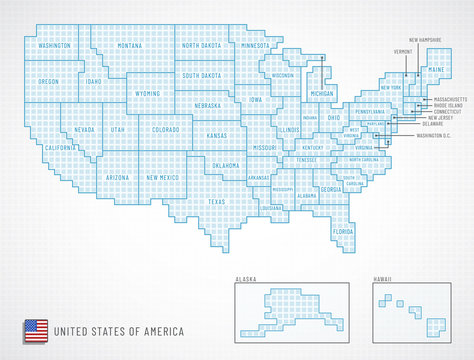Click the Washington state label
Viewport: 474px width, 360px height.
click(x=54, y=46)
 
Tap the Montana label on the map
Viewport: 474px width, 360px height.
click(x=129, y=46)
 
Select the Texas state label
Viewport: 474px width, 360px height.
click(x=217, y=201)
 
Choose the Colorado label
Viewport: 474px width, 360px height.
click(x=165, y=129)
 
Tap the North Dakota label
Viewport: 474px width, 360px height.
click(x=203, y=46)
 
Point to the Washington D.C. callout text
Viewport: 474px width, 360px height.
click(x=435, y=134)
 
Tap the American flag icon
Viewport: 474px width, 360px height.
click(x=36, y=328)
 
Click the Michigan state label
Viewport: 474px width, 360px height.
click(x=321, y=94)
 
